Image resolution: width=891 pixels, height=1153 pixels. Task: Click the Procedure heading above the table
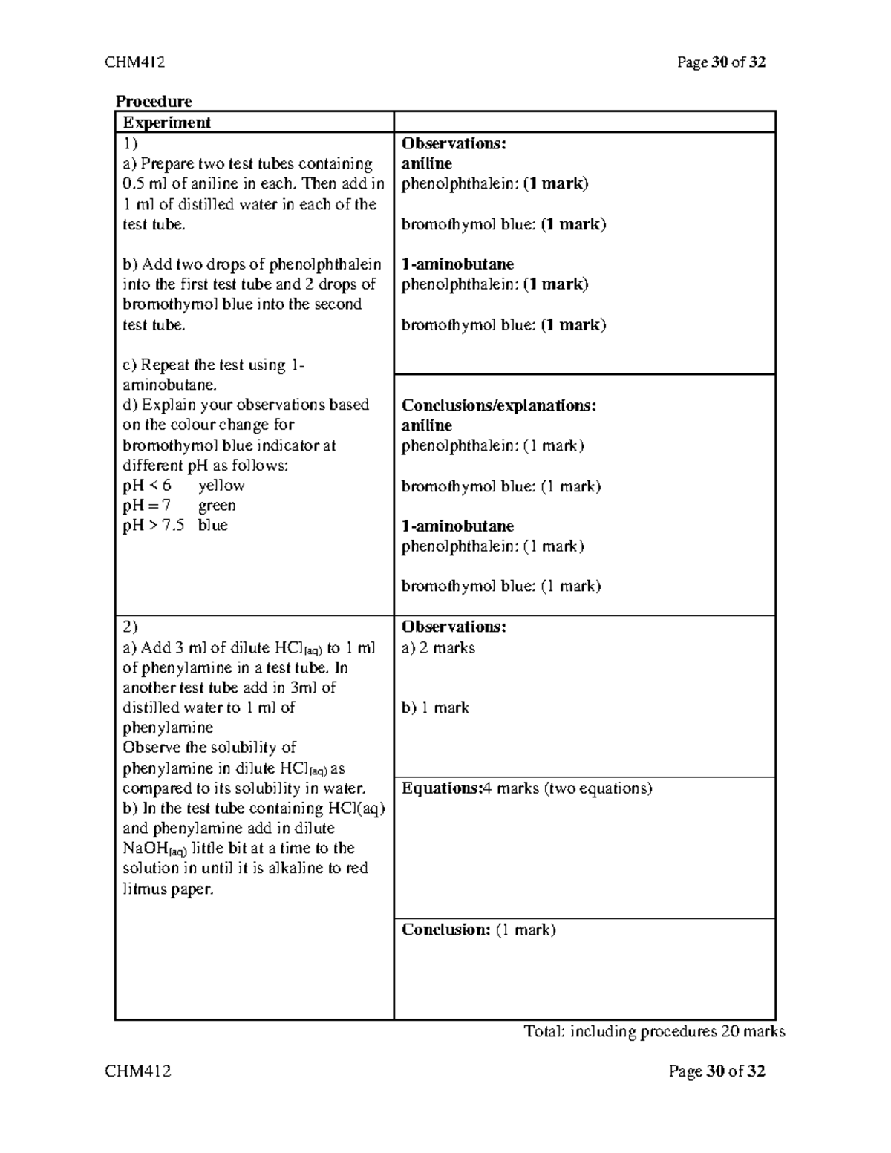pos(153,102)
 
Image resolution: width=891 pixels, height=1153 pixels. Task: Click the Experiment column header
pos(167,123)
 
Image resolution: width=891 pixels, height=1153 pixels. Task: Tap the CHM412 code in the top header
pos(134,62)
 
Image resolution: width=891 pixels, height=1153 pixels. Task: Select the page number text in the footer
pos(717,1071)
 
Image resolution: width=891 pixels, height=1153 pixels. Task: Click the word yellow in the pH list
pos(221,486)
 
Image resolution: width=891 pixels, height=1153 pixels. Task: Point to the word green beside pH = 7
pos(217,506)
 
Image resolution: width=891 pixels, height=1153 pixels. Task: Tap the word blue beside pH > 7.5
pos(212,526)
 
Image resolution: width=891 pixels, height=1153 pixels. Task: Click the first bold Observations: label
pos(454,143)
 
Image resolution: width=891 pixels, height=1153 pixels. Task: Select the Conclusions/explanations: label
pos(499,405)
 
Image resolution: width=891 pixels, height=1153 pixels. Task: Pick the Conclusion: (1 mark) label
pos(478,930)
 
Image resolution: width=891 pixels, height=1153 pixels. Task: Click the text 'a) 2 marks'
pos(438,648)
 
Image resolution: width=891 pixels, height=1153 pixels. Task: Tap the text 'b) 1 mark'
pos(435,708)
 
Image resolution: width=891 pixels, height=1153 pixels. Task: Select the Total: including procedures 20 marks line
pos(654,1031)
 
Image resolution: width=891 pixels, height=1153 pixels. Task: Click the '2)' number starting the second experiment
pos(130,627)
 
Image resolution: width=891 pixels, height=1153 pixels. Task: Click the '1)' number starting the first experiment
pos(130,143)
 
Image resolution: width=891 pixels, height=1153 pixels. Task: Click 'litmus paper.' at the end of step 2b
pos(168,889)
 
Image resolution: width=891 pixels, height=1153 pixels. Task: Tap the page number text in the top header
pos(721,62)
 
